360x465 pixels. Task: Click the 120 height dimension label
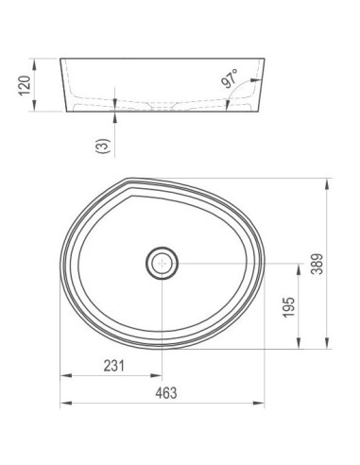tap(25, 85)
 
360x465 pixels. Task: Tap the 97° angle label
tap(230, 78)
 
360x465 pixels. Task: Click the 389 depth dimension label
tap(317, 264)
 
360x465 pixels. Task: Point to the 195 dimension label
tap(289, 307)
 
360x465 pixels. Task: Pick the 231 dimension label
tap(114, 366)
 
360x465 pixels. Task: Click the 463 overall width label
tap(166, 393)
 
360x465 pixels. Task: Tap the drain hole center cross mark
tap(162, 263)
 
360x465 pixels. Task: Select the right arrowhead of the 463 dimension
tap(259, 403)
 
